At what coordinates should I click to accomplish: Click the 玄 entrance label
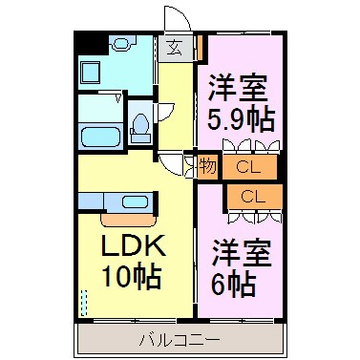[176, 47]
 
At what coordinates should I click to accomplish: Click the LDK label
[134, 248]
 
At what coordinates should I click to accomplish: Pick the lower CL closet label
[253, 198]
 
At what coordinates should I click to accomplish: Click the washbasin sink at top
[121, 44]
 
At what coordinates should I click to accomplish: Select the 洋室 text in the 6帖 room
[243, 250]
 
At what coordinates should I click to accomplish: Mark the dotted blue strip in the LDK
[83, 305]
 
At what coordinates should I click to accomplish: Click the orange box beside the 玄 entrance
[201, 46]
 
